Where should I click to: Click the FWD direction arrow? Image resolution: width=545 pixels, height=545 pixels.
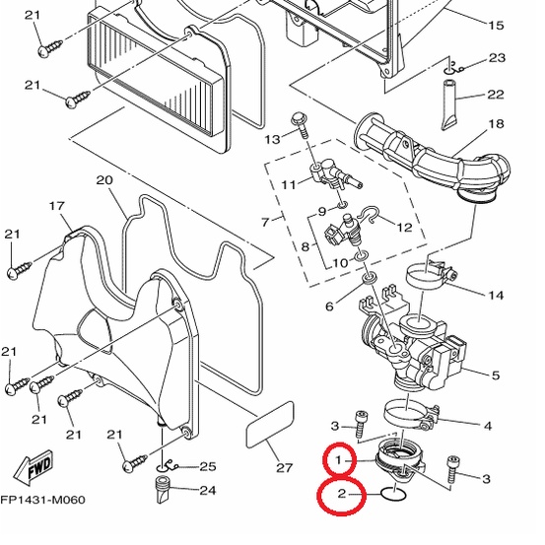(34, 467)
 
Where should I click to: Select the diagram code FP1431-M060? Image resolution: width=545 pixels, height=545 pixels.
(42, 500)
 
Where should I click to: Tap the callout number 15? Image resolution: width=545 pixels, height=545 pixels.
(496, 25)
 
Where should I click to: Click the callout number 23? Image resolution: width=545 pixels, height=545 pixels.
(497, 58)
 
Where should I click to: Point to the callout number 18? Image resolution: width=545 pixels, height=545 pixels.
(496, 124)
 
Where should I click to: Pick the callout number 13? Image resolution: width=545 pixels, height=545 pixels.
(272, 139)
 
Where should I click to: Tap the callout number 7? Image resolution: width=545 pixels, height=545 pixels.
(265, 222)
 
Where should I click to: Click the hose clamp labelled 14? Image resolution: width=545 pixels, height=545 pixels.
(431, 274)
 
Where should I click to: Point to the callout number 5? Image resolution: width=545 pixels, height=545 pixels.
(496, 375)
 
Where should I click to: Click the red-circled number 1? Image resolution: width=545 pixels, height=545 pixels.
(338, 460)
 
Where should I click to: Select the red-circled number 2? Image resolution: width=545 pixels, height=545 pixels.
(342, 493)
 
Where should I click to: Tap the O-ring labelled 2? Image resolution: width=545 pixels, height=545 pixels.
(393, 494)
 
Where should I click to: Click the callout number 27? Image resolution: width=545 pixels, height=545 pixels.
(284, 468)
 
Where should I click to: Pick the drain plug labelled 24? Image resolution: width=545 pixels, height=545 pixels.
(163, 490)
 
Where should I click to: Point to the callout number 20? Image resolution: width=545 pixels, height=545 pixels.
(104, 180)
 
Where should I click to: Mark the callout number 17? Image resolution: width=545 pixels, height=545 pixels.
(57, 206)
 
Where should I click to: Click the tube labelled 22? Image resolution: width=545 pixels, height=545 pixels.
(449, 105)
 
